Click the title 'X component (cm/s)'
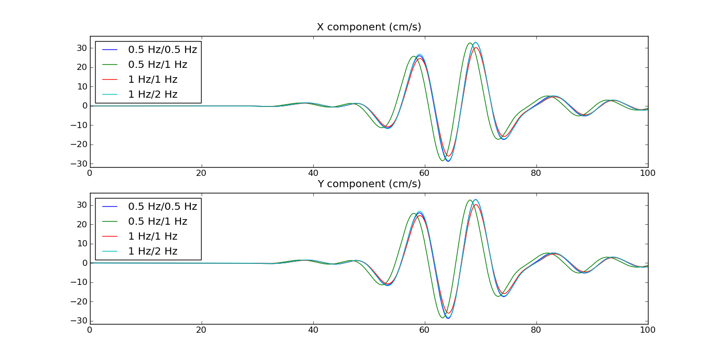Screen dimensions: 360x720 coord(369,27)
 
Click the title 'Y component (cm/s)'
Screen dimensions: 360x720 coord(369,184)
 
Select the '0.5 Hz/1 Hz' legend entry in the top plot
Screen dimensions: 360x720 coord(157,65)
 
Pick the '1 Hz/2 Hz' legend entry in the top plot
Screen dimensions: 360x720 coord(153,95)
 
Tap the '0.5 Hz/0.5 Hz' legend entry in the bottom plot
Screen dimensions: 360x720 coord(163,207)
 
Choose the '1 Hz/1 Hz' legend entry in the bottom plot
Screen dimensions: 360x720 coord(153,237)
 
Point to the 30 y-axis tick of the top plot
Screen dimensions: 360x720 coord(81,48)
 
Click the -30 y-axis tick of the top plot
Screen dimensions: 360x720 coord(79,164)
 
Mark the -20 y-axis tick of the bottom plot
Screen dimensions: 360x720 coord(79,301)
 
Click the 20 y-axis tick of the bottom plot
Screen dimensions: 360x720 coord(81,224)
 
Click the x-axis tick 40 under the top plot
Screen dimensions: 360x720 coord(313,173)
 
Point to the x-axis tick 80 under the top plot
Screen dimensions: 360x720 coord(536,173)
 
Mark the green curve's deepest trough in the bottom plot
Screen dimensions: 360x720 coord(442,317)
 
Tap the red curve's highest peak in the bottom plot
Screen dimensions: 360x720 coord(476,205)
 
